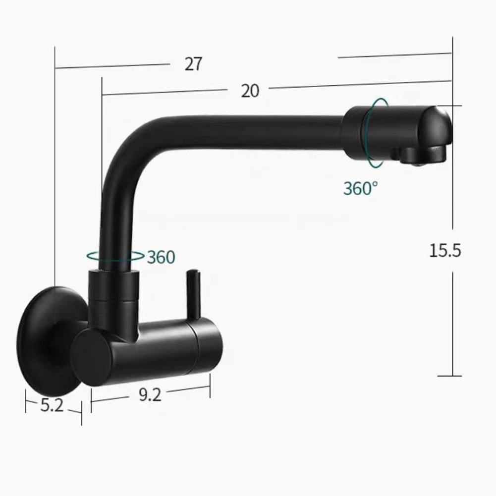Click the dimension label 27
[x=194, y=64]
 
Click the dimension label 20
[x=250, y=91]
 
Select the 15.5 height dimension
[x=445, y=251]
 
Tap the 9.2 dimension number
[x=150, y=395]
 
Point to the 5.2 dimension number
[x=52, y=405]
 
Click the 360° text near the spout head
[x=360, y=188]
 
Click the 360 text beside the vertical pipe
[x=161, y=257]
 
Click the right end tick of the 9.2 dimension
[x=210, y=386]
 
